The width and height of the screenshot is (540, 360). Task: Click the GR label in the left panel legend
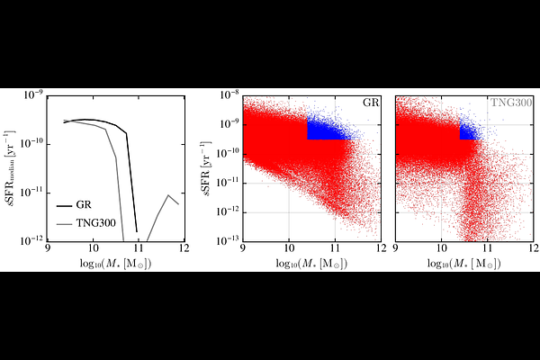point(84,205)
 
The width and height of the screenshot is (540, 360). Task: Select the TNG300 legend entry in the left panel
point(95,223)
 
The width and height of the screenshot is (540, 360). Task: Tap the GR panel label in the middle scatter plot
point(371,103)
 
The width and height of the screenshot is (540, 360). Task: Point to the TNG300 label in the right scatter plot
point(511,103)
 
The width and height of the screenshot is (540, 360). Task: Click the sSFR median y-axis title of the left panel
point(11,168)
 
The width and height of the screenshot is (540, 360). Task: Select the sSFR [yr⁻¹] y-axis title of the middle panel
point(207,168)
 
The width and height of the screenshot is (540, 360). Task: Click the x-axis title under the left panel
point(116,264)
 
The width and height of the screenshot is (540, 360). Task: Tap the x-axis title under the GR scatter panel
point(311,264)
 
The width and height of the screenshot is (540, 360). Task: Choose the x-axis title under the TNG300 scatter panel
point(464,264)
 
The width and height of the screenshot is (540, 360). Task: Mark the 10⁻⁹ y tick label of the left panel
point(33,94)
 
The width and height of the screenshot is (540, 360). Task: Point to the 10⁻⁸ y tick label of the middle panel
point(229,94)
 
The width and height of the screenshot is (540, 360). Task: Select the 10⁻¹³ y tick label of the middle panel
point(228,240)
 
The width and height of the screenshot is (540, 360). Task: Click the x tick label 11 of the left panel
point(139,248)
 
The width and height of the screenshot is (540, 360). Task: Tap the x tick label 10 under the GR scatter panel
point(289,248)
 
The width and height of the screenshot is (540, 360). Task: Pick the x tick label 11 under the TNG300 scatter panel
point(487,248)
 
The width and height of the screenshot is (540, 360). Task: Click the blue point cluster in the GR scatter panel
point(326,130)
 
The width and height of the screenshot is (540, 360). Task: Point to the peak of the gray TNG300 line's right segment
point(168,195)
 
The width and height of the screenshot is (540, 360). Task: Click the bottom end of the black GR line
point(137,231)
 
